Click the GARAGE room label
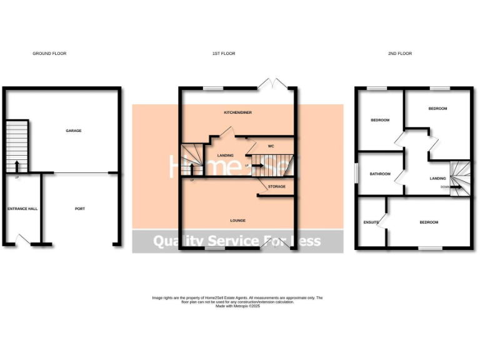tap(74, 131)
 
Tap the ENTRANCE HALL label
tap(22, 208)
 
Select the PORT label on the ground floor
tap(80, 208)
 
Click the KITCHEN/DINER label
tap(237, 112)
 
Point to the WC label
tap(271, 146)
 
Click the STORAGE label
tap(277, 186)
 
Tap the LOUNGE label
tap(237, 221)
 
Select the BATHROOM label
tap(380, 174)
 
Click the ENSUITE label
tap(371, 222)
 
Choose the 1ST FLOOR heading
tap(224, 54)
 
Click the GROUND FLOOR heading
tap(49, 54)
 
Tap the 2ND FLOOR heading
tap(400, 54)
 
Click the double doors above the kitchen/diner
tap(275, 83)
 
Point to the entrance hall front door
tap(24, 239)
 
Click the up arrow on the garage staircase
tap(16, 165)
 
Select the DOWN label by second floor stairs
tap(444, 187)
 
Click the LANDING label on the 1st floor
tap(225, 155)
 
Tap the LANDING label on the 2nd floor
tap(437, 179)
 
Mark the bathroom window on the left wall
tap(356, 174)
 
